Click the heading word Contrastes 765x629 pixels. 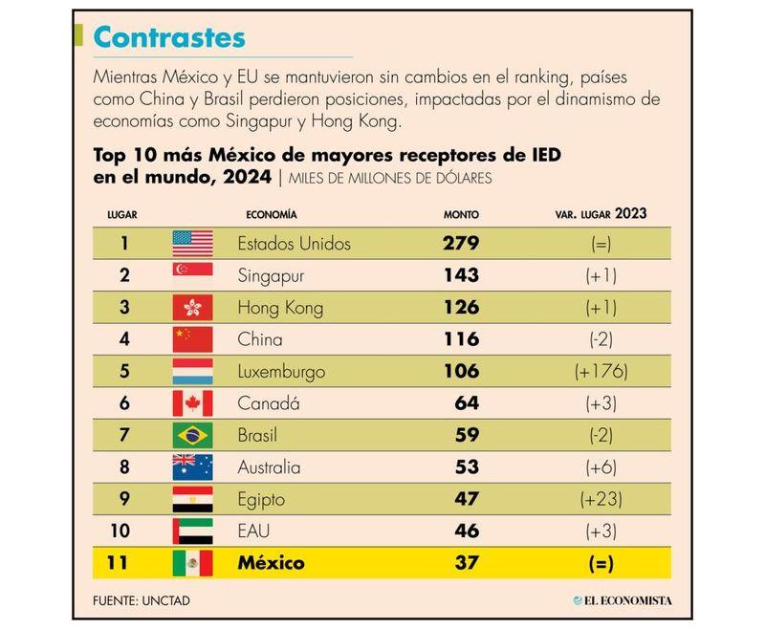169,37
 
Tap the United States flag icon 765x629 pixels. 192,244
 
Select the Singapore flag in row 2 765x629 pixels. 192,275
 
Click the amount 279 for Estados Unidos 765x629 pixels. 460,244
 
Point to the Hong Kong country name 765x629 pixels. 280,308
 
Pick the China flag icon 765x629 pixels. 192,339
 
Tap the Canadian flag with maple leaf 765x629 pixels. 192,403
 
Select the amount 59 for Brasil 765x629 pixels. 467,436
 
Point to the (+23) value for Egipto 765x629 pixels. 601,500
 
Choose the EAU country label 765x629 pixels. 254,531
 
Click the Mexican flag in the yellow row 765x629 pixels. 192,563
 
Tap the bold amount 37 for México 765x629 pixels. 467,563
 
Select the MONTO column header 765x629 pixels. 461,214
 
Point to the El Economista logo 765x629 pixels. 622,600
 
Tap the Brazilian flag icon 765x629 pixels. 192,436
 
